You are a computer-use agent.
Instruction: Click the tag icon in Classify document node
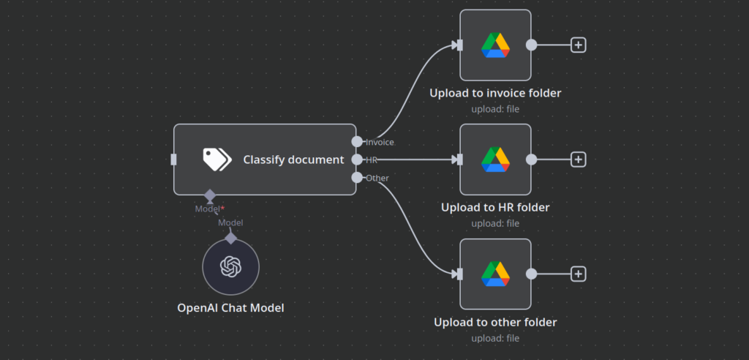[x=217, y=160]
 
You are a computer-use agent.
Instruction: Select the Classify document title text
[x=293, y=160]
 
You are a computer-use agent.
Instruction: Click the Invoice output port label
[x=380, y=142]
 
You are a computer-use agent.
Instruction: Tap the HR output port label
[x=372, y=160]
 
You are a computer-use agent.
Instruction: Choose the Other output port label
[x=377, y=178]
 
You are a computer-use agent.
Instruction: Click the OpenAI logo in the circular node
[x=230, y=267]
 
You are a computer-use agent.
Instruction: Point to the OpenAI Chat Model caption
[x=230, y=308]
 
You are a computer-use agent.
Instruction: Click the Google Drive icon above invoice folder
[x=495, y=45]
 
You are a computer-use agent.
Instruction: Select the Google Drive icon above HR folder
[x=495, y=160]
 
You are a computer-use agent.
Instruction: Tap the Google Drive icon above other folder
[x=495, y=274]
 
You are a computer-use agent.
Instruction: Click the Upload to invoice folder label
[x=495, y=93]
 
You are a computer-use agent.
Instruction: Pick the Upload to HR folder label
[x=495, y=207]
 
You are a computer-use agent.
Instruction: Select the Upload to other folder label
[x=495, y=322]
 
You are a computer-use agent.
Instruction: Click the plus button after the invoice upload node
[x=579, y=45]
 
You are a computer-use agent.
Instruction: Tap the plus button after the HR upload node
[x=579, y=160]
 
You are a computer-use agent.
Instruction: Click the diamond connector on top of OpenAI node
[x=230, y=239]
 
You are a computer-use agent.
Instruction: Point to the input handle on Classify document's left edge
[x=173, y=160]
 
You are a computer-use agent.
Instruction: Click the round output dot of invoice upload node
[x=532, y=45]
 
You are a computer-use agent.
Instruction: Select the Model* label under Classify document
[x=210, y=209]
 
